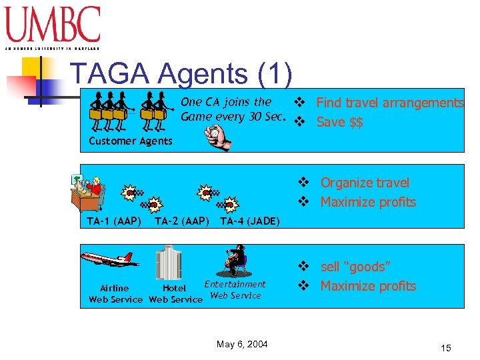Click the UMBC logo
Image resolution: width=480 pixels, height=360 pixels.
(53, 27)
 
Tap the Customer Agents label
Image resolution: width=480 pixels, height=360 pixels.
(131, 141)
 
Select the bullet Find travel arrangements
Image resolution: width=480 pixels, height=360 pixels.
(389, 103)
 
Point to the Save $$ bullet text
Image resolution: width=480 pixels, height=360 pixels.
(339, 122)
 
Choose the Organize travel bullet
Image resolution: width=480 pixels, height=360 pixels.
(365, 183)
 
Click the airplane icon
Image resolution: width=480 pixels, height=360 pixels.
(107, 259)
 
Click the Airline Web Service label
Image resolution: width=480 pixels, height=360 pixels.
(115, 294)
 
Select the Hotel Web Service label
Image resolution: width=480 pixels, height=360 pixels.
(175, 294)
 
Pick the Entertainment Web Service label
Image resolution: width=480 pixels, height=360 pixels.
(235, 290)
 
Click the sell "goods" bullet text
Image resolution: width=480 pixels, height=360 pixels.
(355, 267)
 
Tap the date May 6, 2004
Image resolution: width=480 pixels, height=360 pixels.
(242, 344)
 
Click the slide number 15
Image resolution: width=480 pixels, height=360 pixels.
(446, 348)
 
